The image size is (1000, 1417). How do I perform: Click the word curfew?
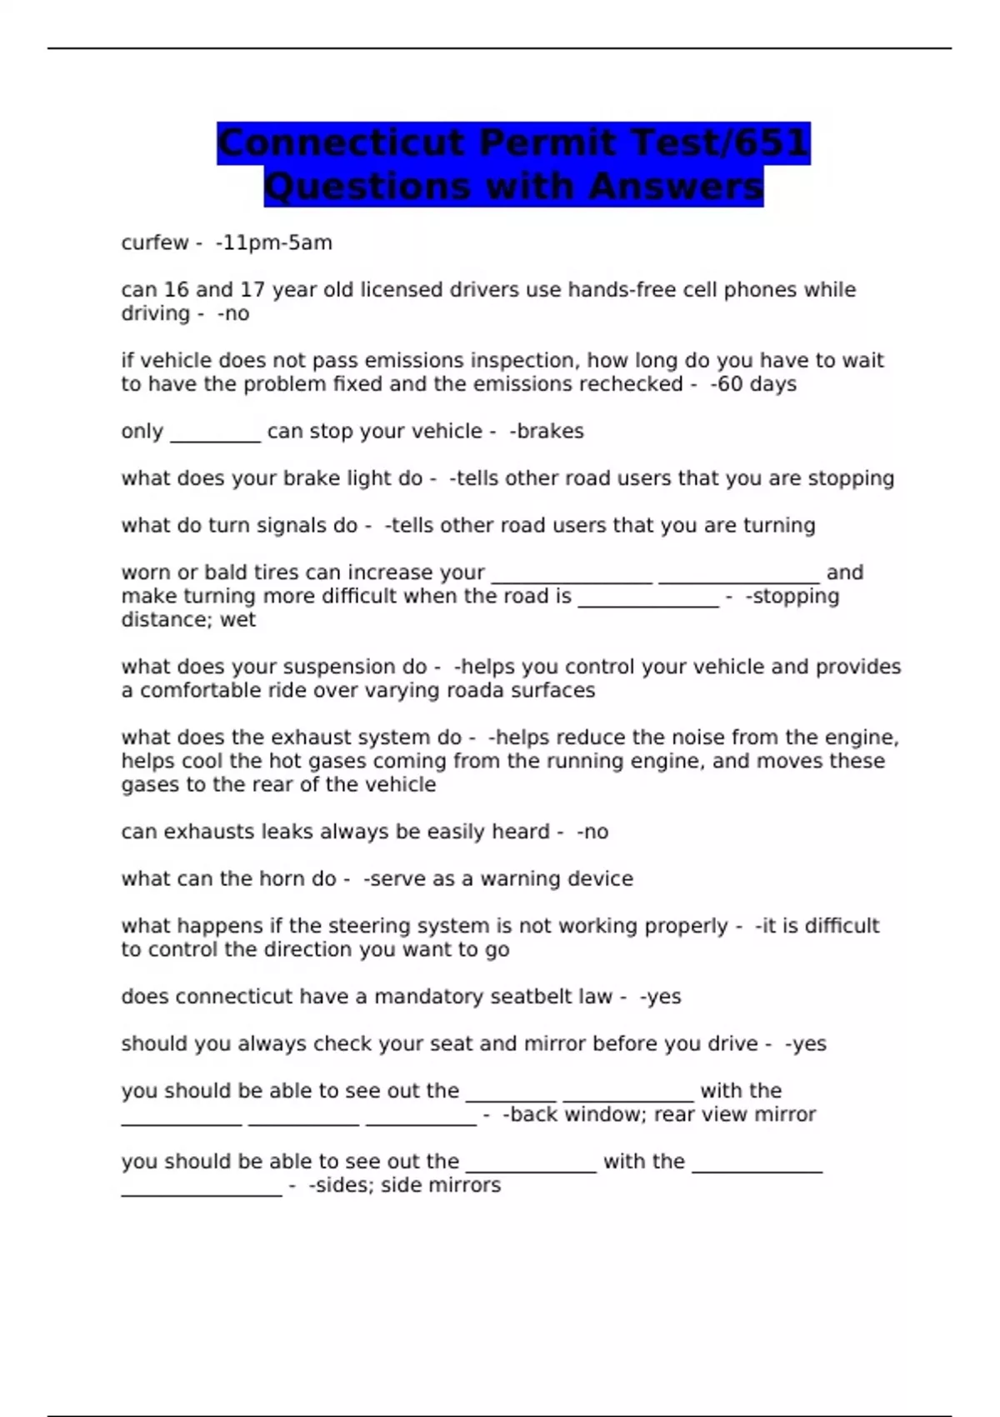tap(155, 243)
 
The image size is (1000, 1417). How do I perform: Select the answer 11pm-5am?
tap(276, 243)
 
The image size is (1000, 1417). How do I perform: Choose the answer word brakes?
tap(550, 431)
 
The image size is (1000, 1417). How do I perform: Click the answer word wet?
tap(238, 620)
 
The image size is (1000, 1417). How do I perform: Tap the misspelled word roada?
tap(476, 690)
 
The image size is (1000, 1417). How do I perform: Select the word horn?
tap(281, 879)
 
